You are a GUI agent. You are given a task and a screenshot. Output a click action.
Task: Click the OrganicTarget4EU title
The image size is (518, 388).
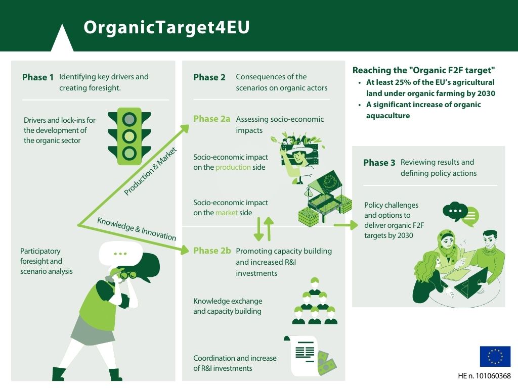[x=166, y=27]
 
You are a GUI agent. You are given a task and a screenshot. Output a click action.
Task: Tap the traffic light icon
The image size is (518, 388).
[x=129, y=136]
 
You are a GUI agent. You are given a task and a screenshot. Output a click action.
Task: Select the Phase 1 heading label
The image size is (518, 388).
[x=37, y=77]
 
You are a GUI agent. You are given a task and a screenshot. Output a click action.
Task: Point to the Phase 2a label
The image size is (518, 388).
[x=212, y=119]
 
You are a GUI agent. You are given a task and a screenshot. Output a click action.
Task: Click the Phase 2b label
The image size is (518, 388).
[x=212, y=251]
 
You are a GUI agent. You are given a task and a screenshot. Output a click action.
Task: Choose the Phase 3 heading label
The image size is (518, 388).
[x=379, y=163]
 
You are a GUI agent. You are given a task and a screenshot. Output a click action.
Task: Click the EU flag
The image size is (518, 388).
[x=495, y=356]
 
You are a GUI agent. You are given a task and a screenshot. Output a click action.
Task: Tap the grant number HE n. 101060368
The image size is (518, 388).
[x=484, y=376]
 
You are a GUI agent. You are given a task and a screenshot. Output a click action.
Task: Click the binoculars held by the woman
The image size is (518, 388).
[x=128, y=274]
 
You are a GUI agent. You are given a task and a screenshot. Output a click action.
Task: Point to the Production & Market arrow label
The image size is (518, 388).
[x=150, y=171]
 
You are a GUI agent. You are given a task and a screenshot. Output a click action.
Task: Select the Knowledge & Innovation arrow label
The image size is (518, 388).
[x=137, y=229]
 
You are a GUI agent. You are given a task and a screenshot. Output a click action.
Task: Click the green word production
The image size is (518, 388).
[x=233, y=167]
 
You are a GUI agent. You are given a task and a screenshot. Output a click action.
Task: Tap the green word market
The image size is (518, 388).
[x=227, y=213]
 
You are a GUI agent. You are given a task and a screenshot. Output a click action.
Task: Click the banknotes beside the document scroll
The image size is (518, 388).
[x=326, y=363]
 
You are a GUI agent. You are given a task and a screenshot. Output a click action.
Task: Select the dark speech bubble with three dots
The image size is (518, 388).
[x=455, y=212]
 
